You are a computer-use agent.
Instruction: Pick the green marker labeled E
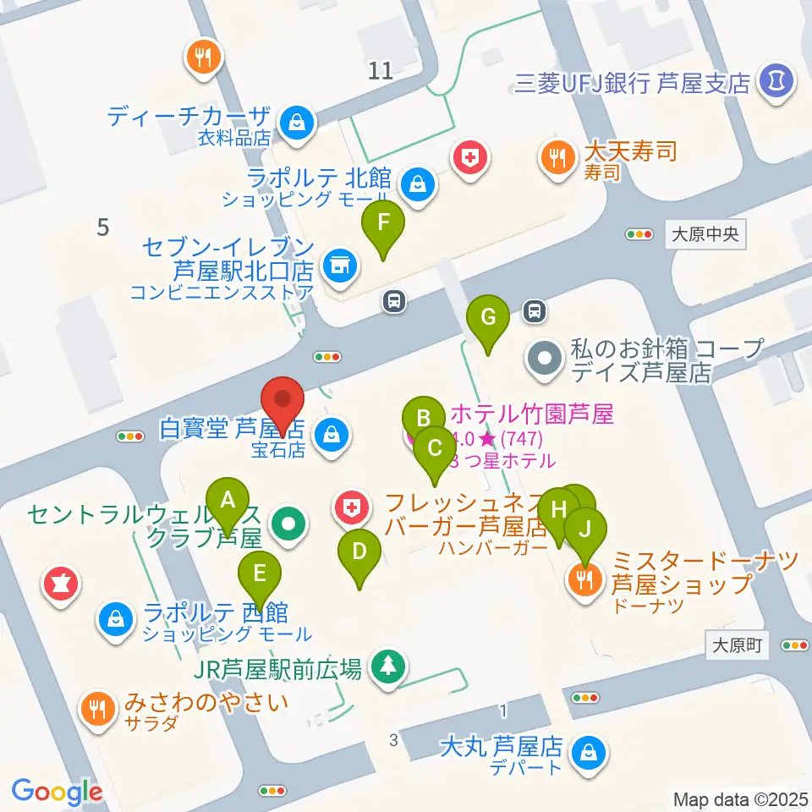point(260,576)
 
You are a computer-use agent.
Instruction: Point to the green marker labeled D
point(359,555)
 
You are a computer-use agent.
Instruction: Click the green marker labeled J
point(585,530)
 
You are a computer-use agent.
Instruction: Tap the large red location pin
point(283,402)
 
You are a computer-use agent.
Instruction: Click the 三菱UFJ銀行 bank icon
point(776,82)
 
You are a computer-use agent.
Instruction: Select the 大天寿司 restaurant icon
point(556,156)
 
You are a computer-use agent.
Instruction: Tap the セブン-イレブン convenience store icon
point(340,266)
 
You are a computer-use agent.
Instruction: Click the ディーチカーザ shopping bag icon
point(298,120)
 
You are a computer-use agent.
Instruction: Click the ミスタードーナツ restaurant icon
point(584,579)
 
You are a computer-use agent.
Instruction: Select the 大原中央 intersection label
point(706,234)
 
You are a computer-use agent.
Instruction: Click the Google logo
point(58,792)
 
